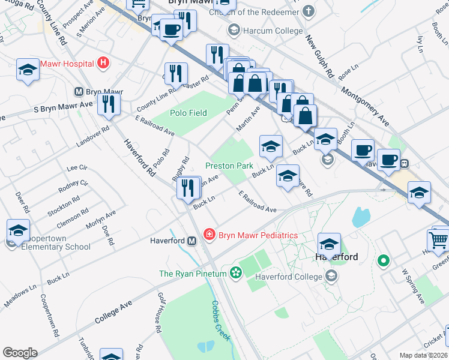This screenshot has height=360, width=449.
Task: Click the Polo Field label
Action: (x=188, y=113)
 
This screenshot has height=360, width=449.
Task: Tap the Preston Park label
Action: (x=229, y=166)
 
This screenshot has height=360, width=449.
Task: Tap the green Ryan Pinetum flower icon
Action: (x=235, y=274)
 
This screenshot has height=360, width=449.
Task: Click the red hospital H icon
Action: (x=104, y=63)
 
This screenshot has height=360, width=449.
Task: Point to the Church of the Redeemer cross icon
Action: (x=308, y=12)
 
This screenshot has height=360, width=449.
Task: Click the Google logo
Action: (x=20, y=353)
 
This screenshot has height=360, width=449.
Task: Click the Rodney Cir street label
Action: (x=73, y=187)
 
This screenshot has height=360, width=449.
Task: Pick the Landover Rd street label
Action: (x=93, y=137)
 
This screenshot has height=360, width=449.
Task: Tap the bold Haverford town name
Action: (x=337, y=257)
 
